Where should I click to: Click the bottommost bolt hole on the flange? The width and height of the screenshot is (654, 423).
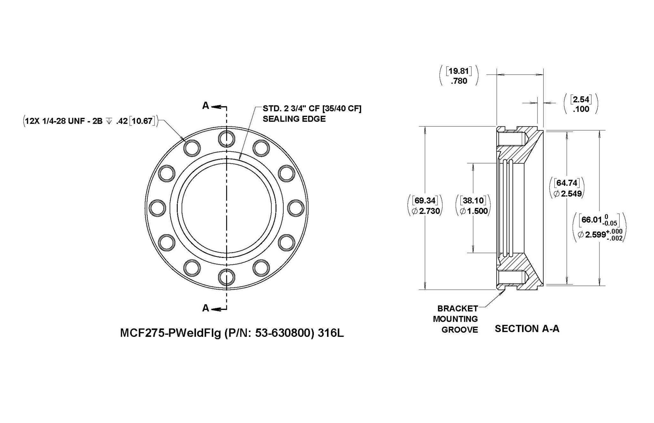pos(226,276)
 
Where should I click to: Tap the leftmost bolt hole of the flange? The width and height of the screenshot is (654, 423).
pos(157,208)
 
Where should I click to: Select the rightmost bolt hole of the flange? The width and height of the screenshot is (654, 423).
pos(295,208)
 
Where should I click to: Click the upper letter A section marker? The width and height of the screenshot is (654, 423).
pos(206,106)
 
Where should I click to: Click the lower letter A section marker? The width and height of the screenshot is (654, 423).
pos(206,308)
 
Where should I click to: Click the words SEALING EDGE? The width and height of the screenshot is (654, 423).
pos(294,119)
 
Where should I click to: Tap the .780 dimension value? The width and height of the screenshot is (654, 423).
pos(459,81)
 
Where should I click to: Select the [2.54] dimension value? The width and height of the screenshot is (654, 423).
pos(581,99)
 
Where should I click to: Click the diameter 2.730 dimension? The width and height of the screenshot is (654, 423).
pos(426,211)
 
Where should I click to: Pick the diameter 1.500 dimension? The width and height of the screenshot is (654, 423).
pos(474,211)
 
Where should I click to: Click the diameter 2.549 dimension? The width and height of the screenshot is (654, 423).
pos(567,193)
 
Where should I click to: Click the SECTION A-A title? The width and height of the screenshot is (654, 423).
pos(527,329)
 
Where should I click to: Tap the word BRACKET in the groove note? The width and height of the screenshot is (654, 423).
pos(458,308)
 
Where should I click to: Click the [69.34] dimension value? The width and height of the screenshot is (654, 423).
pos(425,200)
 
